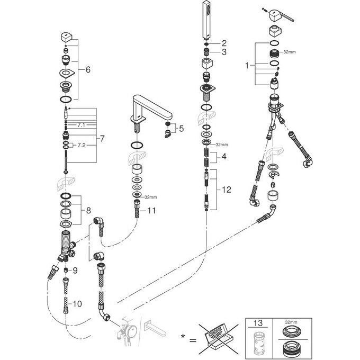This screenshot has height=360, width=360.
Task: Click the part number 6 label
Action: click(x=88, y=69)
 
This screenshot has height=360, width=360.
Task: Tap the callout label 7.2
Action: click(x=81, y=145)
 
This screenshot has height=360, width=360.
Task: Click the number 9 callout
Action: click(x=75, y=270)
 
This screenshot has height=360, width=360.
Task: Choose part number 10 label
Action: click(x=77, y=304)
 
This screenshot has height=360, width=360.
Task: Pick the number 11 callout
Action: click(x=151, y=210)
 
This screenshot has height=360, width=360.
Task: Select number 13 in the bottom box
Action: click(x=259, y=323)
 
